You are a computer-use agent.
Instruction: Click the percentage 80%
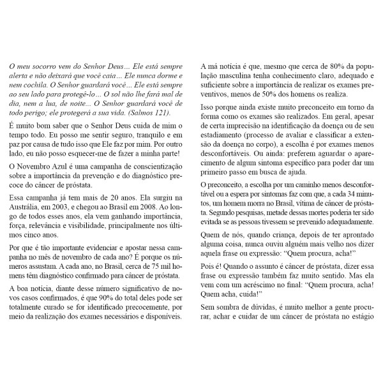[x=317, y=64]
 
